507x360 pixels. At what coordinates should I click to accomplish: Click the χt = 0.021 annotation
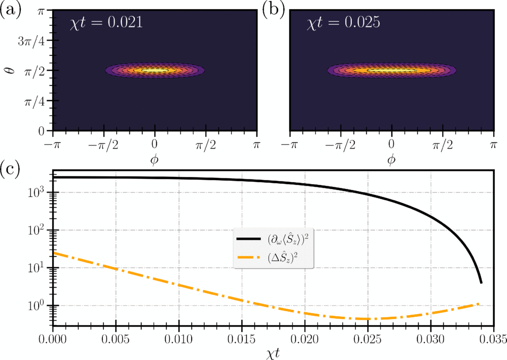point(106,23)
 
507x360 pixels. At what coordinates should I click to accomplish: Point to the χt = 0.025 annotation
point(343,23)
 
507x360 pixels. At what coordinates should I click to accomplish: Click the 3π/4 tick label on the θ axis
point(31,41)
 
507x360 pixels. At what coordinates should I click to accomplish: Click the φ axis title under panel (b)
point(391,159)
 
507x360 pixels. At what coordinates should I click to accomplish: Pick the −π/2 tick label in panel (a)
point(103,145)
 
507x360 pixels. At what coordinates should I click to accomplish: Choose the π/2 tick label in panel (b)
point(443,145)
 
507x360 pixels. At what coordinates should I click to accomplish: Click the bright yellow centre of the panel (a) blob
point(155,70)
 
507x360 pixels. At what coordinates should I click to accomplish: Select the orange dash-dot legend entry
point(274,258)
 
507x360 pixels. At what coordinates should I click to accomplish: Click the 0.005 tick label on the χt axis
point(116,339)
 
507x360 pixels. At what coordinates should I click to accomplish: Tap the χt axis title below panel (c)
point(273,353)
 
